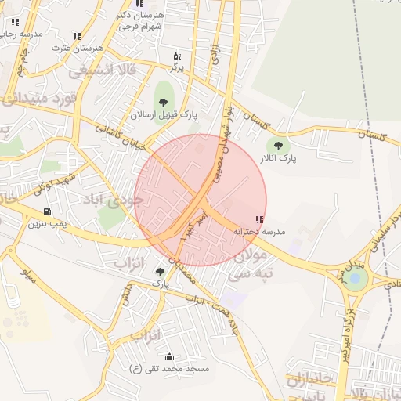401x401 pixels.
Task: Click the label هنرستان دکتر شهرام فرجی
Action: point(140,20)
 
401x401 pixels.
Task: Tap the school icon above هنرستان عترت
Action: point(77,36)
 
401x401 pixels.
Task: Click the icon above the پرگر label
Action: point(176,56)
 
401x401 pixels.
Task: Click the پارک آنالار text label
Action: point(276,157)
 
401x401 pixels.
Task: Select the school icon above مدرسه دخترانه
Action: point(259,219)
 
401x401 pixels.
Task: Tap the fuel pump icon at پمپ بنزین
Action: point(47,211)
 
